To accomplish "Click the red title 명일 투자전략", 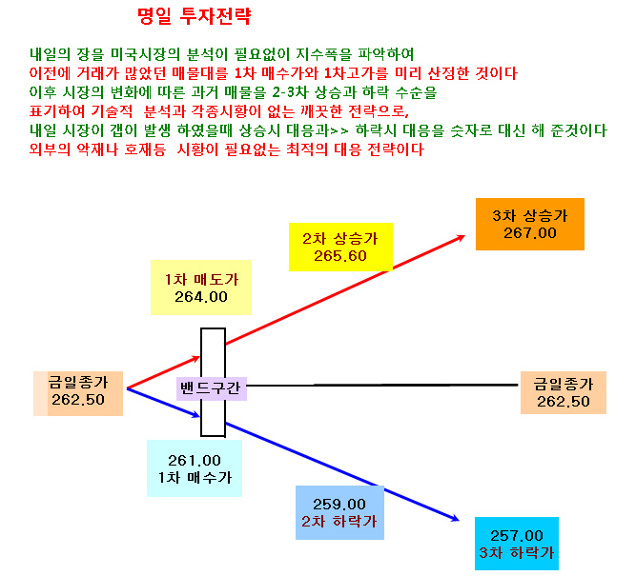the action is [x=195, y=16].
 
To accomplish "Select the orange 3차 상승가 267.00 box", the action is [x=530, y=224].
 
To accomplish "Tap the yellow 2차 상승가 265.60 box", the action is [x=340, y=247].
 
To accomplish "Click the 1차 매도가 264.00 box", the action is [x=201, y=288].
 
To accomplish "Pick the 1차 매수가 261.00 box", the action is [x=195, y=468].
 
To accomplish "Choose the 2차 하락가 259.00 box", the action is [x=339, y=512].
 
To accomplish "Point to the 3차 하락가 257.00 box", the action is [x=517, y=544].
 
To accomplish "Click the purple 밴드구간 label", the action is [x=212, y=388].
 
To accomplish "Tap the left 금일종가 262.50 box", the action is [x=78, y=393].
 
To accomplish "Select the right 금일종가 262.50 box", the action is [x=564, y=392].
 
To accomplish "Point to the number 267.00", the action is [x=530, y=233].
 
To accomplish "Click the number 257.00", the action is [x=517, y=536].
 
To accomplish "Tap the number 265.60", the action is [x=340, y=256].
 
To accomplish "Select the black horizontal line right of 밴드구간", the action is [x=382, y=385].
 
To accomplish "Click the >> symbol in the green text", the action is [x=339, y=130].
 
